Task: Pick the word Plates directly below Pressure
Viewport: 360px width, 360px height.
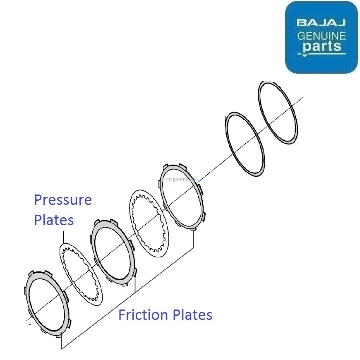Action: (x=54, y=220)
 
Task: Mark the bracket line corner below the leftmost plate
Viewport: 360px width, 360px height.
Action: (x=62, y=349)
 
